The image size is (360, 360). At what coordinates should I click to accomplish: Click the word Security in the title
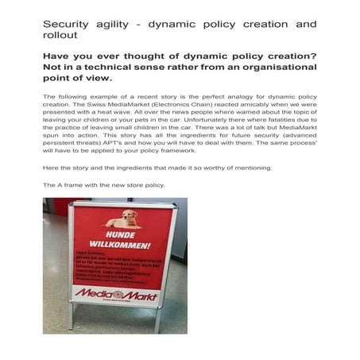pos(64,25)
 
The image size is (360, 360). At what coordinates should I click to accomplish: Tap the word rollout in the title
pos(60,37)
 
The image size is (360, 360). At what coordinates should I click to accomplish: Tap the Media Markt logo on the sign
pos(116,295)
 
